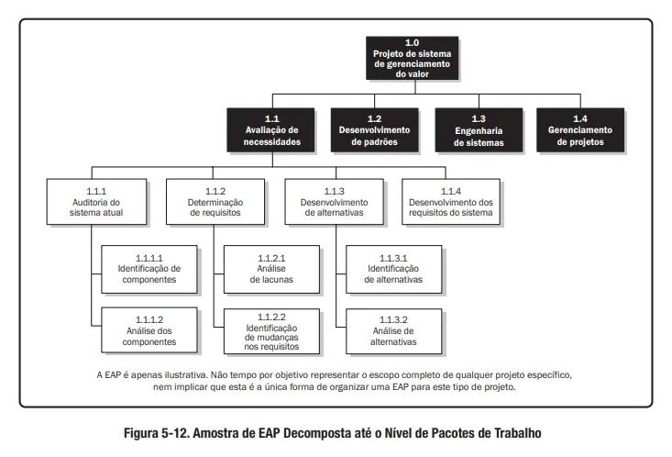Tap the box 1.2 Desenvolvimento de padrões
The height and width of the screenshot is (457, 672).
point(374,130)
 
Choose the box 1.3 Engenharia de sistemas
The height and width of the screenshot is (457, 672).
point(478,130)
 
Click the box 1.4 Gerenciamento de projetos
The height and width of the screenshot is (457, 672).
point(579,130)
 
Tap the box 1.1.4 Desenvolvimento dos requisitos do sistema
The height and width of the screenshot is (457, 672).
point(450,201)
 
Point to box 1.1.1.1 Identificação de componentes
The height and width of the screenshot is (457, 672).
point(149,267)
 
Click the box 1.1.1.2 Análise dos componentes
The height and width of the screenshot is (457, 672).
point(149,329)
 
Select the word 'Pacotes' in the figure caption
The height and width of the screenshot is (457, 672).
point(451,433)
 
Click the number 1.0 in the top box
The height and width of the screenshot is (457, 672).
point(412,42)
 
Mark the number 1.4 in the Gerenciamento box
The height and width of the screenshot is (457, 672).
point(579,118)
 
